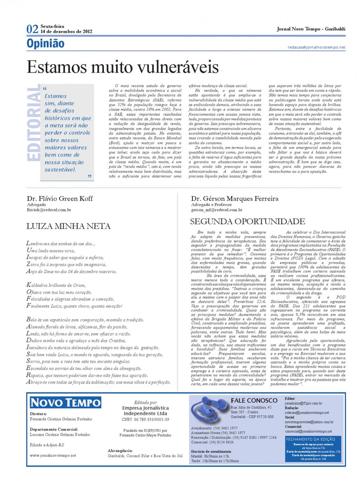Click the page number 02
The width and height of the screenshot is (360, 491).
(32, 29)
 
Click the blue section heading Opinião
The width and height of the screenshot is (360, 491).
(45, 44)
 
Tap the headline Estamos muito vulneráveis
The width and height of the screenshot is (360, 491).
(122, 67)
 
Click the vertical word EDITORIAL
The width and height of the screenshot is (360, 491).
(33, 123)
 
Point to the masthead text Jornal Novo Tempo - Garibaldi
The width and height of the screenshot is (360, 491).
(311, 29)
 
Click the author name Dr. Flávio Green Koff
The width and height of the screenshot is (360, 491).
(60, 198)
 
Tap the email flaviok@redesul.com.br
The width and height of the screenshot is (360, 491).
(49, 210)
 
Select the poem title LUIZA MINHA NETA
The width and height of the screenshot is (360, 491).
(68, 226)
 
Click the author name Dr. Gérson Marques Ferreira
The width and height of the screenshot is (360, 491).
(234, 198)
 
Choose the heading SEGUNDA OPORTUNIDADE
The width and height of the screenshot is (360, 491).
(247, 222)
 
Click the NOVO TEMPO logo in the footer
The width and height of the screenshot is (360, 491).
(65, 403)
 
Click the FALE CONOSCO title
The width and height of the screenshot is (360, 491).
(254, 400)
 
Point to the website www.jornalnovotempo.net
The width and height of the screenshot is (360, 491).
(53, 455)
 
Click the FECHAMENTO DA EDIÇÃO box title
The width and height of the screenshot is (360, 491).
(310, 439)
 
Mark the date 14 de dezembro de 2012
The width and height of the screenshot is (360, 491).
(66, 31)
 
